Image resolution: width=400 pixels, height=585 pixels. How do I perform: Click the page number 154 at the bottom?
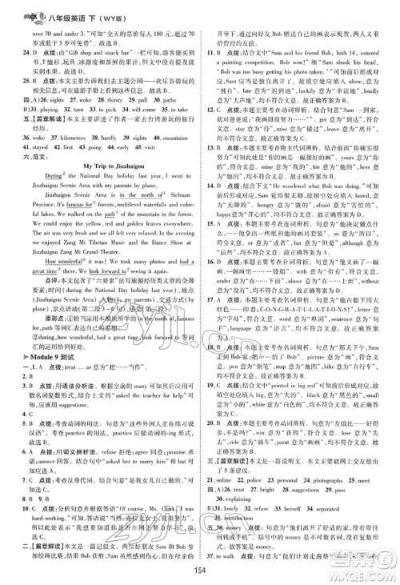pyautogui.click(x=199, y=567)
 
